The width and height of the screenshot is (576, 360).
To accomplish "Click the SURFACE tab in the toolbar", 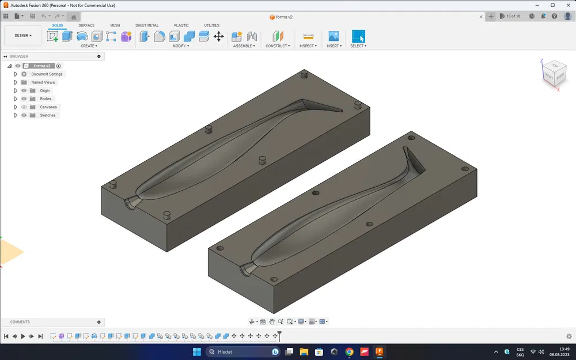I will point(86,25).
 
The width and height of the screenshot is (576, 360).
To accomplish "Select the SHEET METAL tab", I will point(147,25).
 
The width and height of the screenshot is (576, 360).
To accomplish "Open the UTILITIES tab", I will point(211,25).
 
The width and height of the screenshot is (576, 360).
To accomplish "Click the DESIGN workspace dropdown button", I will point(23,36).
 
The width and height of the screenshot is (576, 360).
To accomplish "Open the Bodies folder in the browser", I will point(46,99).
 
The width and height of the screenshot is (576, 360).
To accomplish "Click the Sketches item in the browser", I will point(47,115).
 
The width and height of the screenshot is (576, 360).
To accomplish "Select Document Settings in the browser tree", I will point(47,74).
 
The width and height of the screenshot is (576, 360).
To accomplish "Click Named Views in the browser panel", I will point(43,82).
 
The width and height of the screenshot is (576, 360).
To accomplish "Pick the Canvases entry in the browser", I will point(48,107).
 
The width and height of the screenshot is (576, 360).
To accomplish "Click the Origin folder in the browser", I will point(45,90).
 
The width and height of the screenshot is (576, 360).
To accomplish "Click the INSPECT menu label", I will point(308,46).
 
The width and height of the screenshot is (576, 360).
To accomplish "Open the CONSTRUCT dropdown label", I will point(278,46).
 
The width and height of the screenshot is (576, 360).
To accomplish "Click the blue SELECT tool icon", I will point(358,36).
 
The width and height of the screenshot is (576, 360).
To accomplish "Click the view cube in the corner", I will point(554,74).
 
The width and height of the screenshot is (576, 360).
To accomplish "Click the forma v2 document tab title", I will point(284,17).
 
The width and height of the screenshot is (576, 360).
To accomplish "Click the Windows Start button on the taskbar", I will point(196,351).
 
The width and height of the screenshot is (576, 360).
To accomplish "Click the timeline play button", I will point(23,336).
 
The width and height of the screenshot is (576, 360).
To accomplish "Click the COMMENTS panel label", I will point(20,322).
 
